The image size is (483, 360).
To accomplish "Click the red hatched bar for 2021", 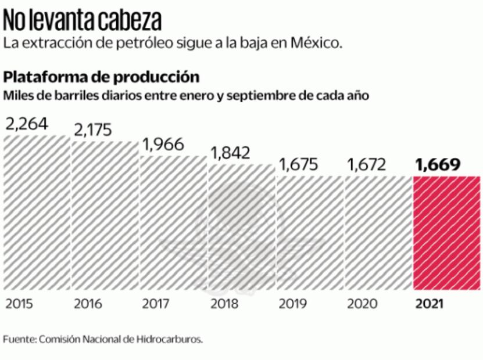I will pyautogui.click(x=446, y=232).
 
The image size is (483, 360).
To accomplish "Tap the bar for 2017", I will pyautogui.click(x=173, y=224).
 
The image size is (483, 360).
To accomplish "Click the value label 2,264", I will pyautogui.click(x=27, y=124).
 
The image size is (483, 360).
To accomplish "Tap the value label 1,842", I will pyautogui.click(x=230, y=153).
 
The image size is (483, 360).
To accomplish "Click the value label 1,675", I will pyautogui.click(x=299, y=164).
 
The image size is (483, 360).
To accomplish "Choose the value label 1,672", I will pyautogui.click(x=366, y=164).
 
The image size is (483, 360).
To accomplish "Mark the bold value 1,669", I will pyautogui.click(x=438, y=164).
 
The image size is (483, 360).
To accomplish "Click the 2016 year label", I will pyautogui.click(x=88, y=304).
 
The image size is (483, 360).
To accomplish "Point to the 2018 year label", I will pyautogui.click(x=224, y=304).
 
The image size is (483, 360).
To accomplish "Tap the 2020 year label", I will pyautogui.click(x=362, y=304).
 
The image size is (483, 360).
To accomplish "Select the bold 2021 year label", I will pyautogui.click(x=430, y=304).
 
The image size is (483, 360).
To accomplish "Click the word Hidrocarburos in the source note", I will pyautogui.click(x=174, y=339).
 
